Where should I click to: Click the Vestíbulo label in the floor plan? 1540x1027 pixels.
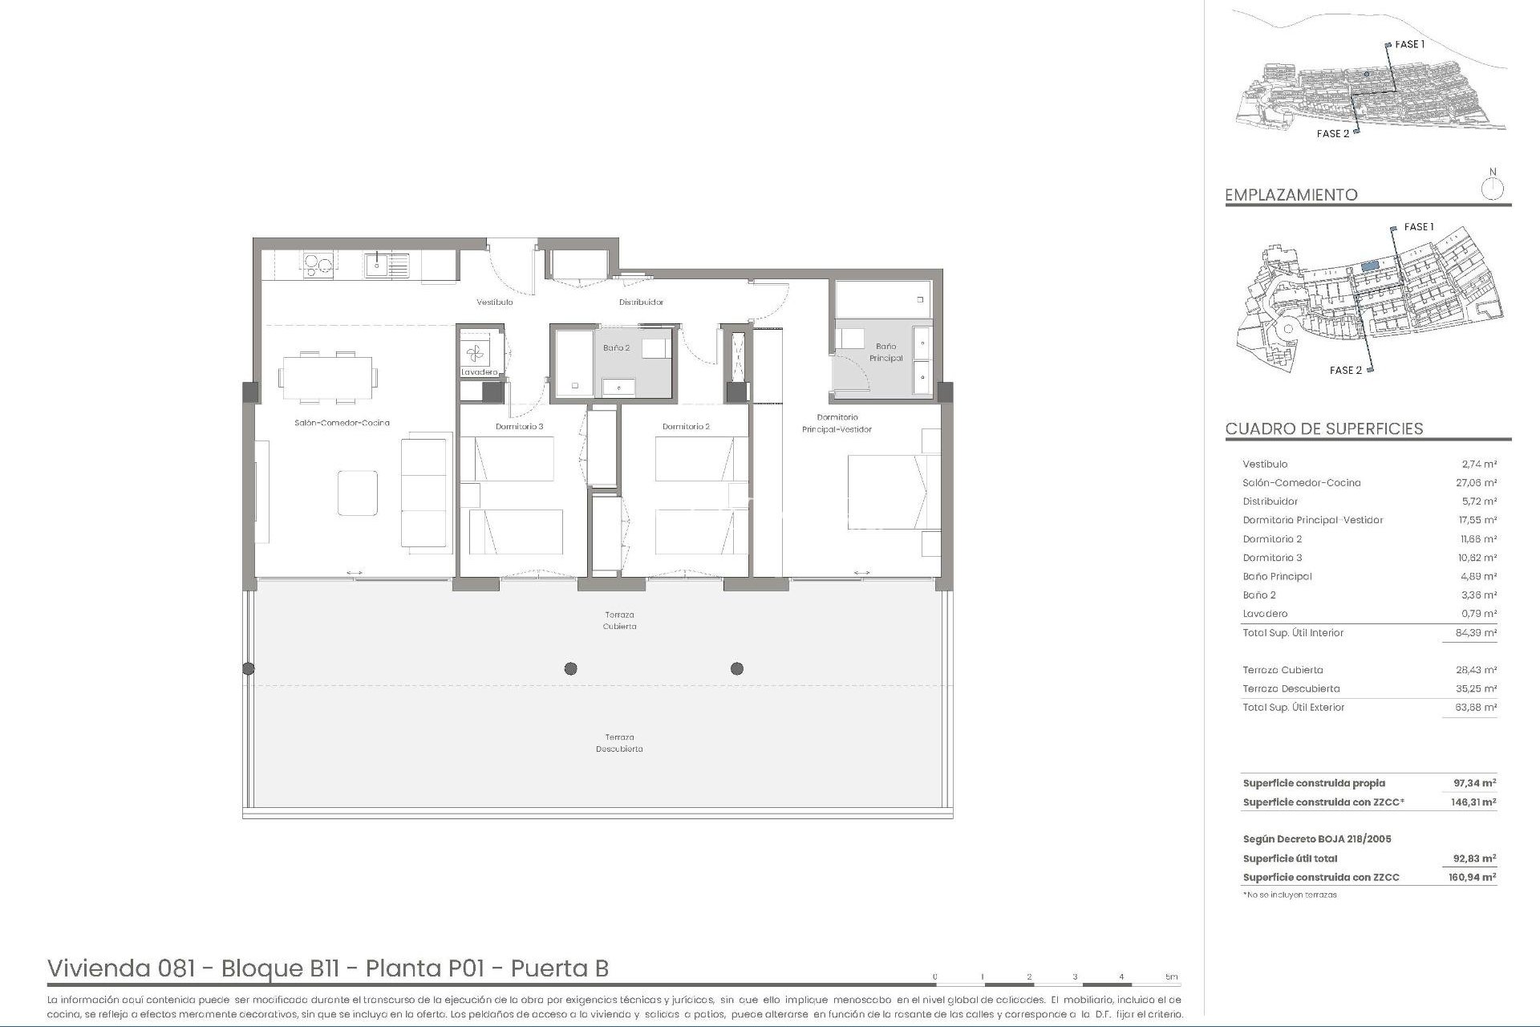[494, 302]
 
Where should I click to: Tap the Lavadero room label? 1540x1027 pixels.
[479, 372]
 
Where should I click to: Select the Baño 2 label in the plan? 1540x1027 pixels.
[616, 348]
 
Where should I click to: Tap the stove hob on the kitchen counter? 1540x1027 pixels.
[318, 264]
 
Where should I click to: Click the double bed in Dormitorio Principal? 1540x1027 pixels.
[893, 493]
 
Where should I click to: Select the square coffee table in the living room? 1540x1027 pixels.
[357, 493]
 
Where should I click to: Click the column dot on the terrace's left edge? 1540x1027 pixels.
[249, 668]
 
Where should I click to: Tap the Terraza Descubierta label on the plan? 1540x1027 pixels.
[618, 743]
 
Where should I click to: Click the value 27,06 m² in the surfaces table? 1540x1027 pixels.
[1478, 483]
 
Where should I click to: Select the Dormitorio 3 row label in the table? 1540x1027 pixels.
[1272, 558]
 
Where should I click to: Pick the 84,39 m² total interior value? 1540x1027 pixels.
[1477, 633]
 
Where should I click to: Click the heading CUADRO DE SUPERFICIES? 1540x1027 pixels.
[1323, 428]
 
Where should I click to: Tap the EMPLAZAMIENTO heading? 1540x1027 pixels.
[1291, 195]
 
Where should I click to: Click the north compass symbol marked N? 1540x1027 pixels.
[1492, 189]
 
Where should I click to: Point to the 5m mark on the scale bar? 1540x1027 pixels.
[1171, 977]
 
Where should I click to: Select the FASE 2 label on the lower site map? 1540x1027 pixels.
[1345, 370]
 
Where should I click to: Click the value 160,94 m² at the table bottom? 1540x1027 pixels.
[1474, 877]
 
